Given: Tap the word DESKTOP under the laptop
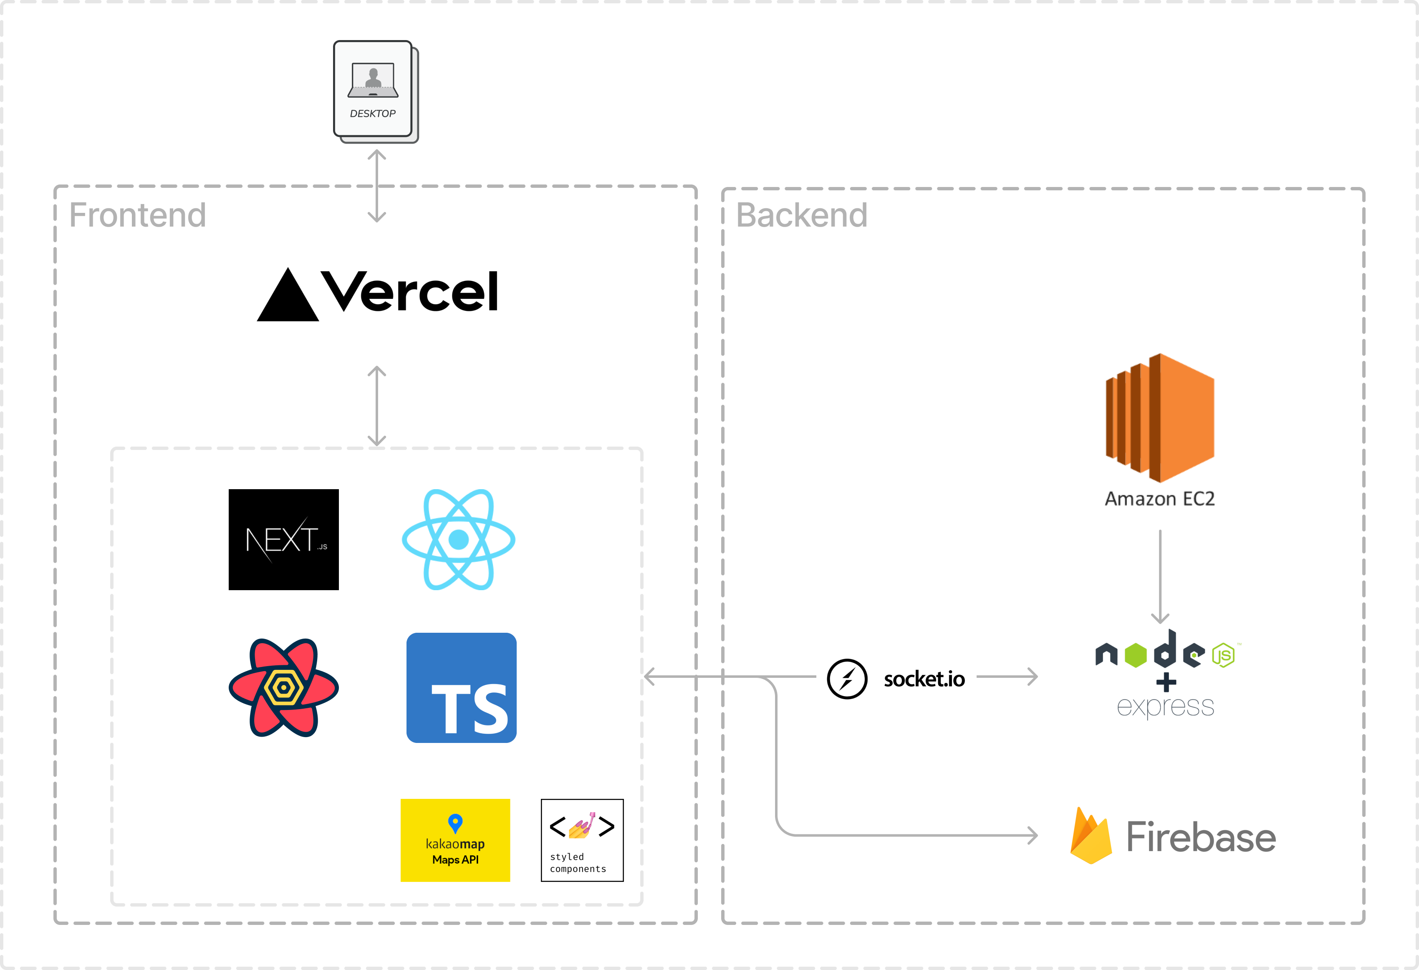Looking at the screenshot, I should coord(372,114).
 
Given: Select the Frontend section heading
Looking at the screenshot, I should coord(137,215).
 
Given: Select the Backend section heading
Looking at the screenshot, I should coord(801,215).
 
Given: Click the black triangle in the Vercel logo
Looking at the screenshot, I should coord(288,297).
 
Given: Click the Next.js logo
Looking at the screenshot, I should coord(286,540).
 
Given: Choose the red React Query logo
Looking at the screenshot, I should coord(283,687).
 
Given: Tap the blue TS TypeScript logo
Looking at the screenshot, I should coord(462,688).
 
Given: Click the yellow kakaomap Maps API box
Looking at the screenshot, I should coord(455,840).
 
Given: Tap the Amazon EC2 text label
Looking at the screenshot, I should coord(1159,499).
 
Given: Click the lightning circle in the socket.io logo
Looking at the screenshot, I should coord(847,679).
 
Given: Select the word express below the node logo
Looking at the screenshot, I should coord(1165,707).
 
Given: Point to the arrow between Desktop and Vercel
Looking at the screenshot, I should coord(377,186).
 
